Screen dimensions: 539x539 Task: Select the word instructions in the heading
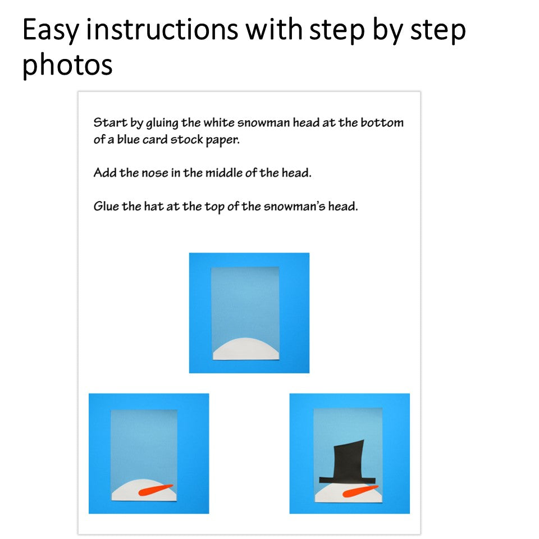coord(162,29)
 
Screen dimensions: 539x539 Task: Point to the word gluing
coord(162,123)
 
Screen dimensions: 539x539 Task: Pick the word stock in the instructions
coord(187,139)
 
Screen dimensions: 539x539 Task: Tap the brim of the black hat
coord(347,480)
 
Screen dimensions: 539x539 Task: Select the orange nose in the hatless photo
coord(156,490)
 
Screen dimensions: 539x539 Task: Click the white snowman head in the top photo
coord(246,350)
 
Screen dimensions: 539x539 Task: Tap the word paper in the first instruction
coord(222,140)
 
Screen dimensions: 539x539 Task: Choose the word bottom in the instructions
coord(382,122)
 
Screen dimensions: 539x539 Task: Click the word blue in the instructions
coord(128,139)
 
